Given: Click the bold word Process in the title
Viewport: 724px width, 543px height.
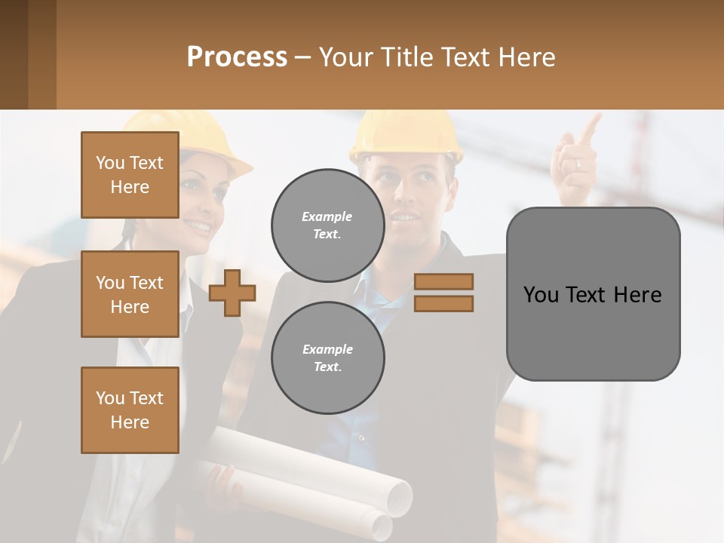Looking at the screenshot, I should coord(237,57).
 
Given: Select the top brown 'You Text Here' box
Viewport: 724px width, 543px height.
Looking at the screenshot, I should coord(130,175).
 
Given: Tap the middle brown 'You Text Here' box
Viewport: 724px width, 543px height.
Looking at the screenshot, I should coord(130,294).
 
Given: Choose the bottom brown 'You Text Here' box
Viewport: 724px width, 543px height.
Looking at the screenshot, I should coord(130,410).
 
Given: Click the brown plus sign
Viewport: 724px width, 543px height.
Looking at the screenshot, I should coord(232,293).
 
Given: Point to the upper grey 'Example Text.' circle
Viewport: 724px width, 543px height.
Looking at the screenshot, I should coord(327,225).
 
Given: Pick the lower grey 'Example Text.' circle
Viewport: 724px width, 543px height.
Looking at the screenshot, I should coord(327,357).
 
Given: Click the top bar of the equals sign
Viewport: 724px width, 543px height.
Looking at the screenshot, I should coord(443,281).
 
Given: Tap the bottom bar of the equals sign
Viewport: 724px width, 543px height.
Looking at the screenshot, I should coord(443,303).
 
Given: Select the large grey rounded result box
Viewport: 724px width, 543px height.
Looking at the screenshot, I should coord(593,294).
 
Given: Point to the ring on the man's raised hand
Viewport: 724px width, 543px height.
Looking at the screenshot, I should coord(577,164).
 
